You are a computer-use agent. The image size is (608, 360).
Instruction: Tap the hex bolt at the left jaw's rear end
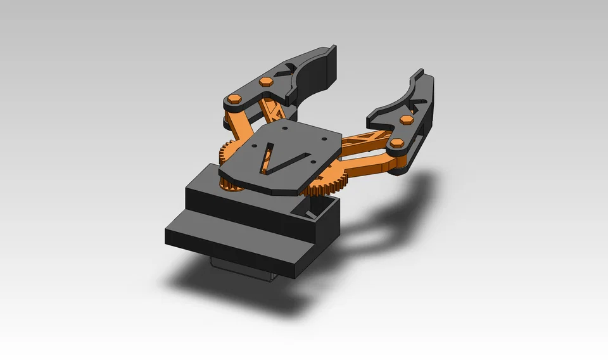click(236, 99)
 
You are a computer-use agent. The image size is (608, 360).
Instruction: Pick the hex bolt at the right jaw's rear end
click(397, 143)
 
